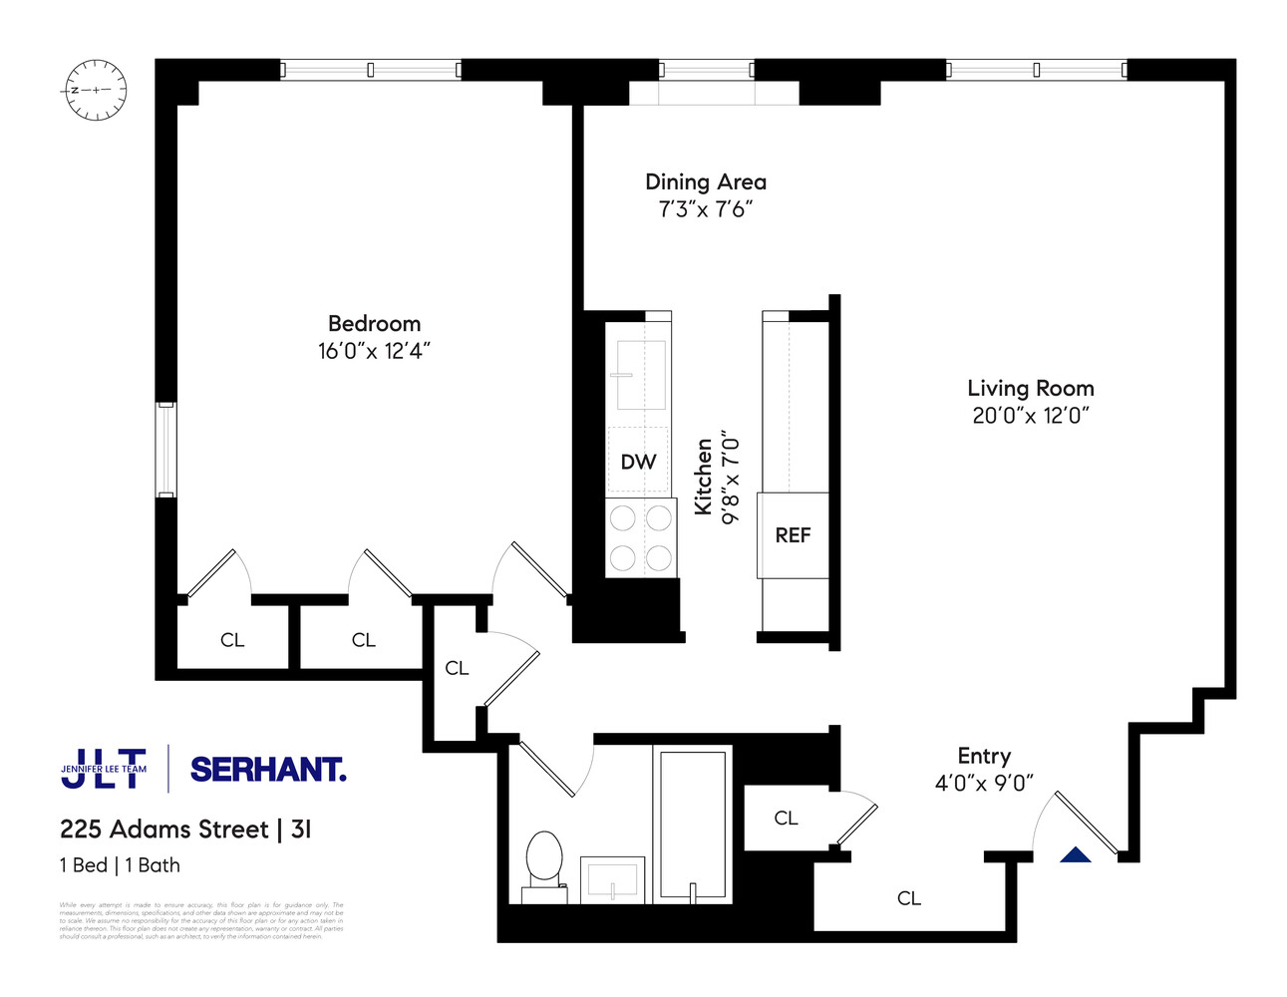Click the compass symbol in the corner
96,90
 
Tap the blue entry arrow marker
1076,855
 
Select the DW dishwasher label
638,462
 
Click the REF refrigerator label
793,535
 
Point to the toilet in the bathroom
544,862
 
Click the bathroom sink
611,879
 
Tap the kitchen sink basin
640,375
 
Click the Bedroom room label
374,324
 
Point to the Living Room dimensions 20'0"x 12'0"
1030,416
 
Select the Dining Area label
705,182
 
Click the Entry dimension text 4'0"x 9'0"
983,783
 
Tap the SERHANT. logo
267,770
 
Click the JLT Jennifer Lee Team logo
104,769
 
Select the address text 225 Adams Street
164,830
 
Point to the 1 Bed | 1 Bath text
120,865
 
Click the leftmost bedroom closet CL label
232,640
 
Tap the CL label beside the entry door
908,898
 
